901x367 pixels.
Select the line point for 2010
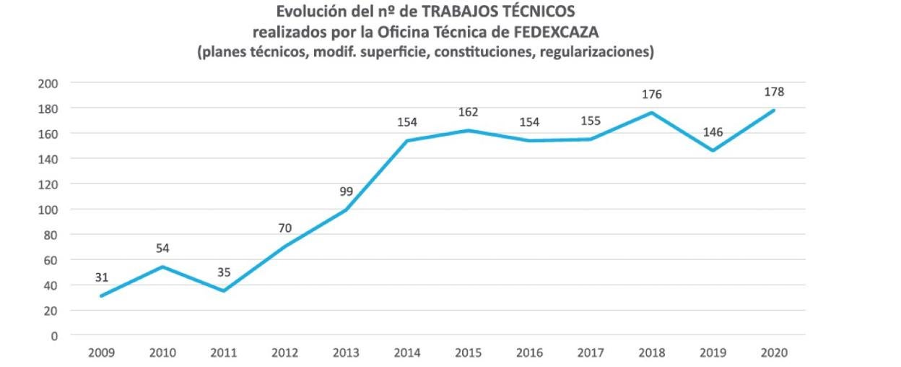coord(162,267)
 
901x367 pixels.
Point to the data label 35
coord(223,272)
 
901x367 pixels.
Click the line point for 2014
coord(407,140)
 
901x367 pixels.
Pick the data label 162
coord(468,112)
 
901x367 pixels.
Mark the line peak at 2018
coord(652,113)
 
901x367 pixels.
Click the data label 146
coord(713,132)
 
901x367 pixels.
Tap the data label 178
coord(774,92)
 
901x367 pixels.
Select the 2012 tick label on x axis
coord(284,353)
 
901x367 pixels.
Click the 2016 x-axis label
coord(529,353)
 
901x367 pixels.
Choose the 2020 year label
coord(774,353)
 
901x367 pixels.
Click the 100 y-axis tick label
coord(48,210)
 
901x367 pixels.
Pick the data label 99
coord(346,191)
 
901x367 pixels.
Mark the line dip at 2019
coord(713,150)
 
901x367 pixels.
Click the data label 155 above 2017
coord(591,121)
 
